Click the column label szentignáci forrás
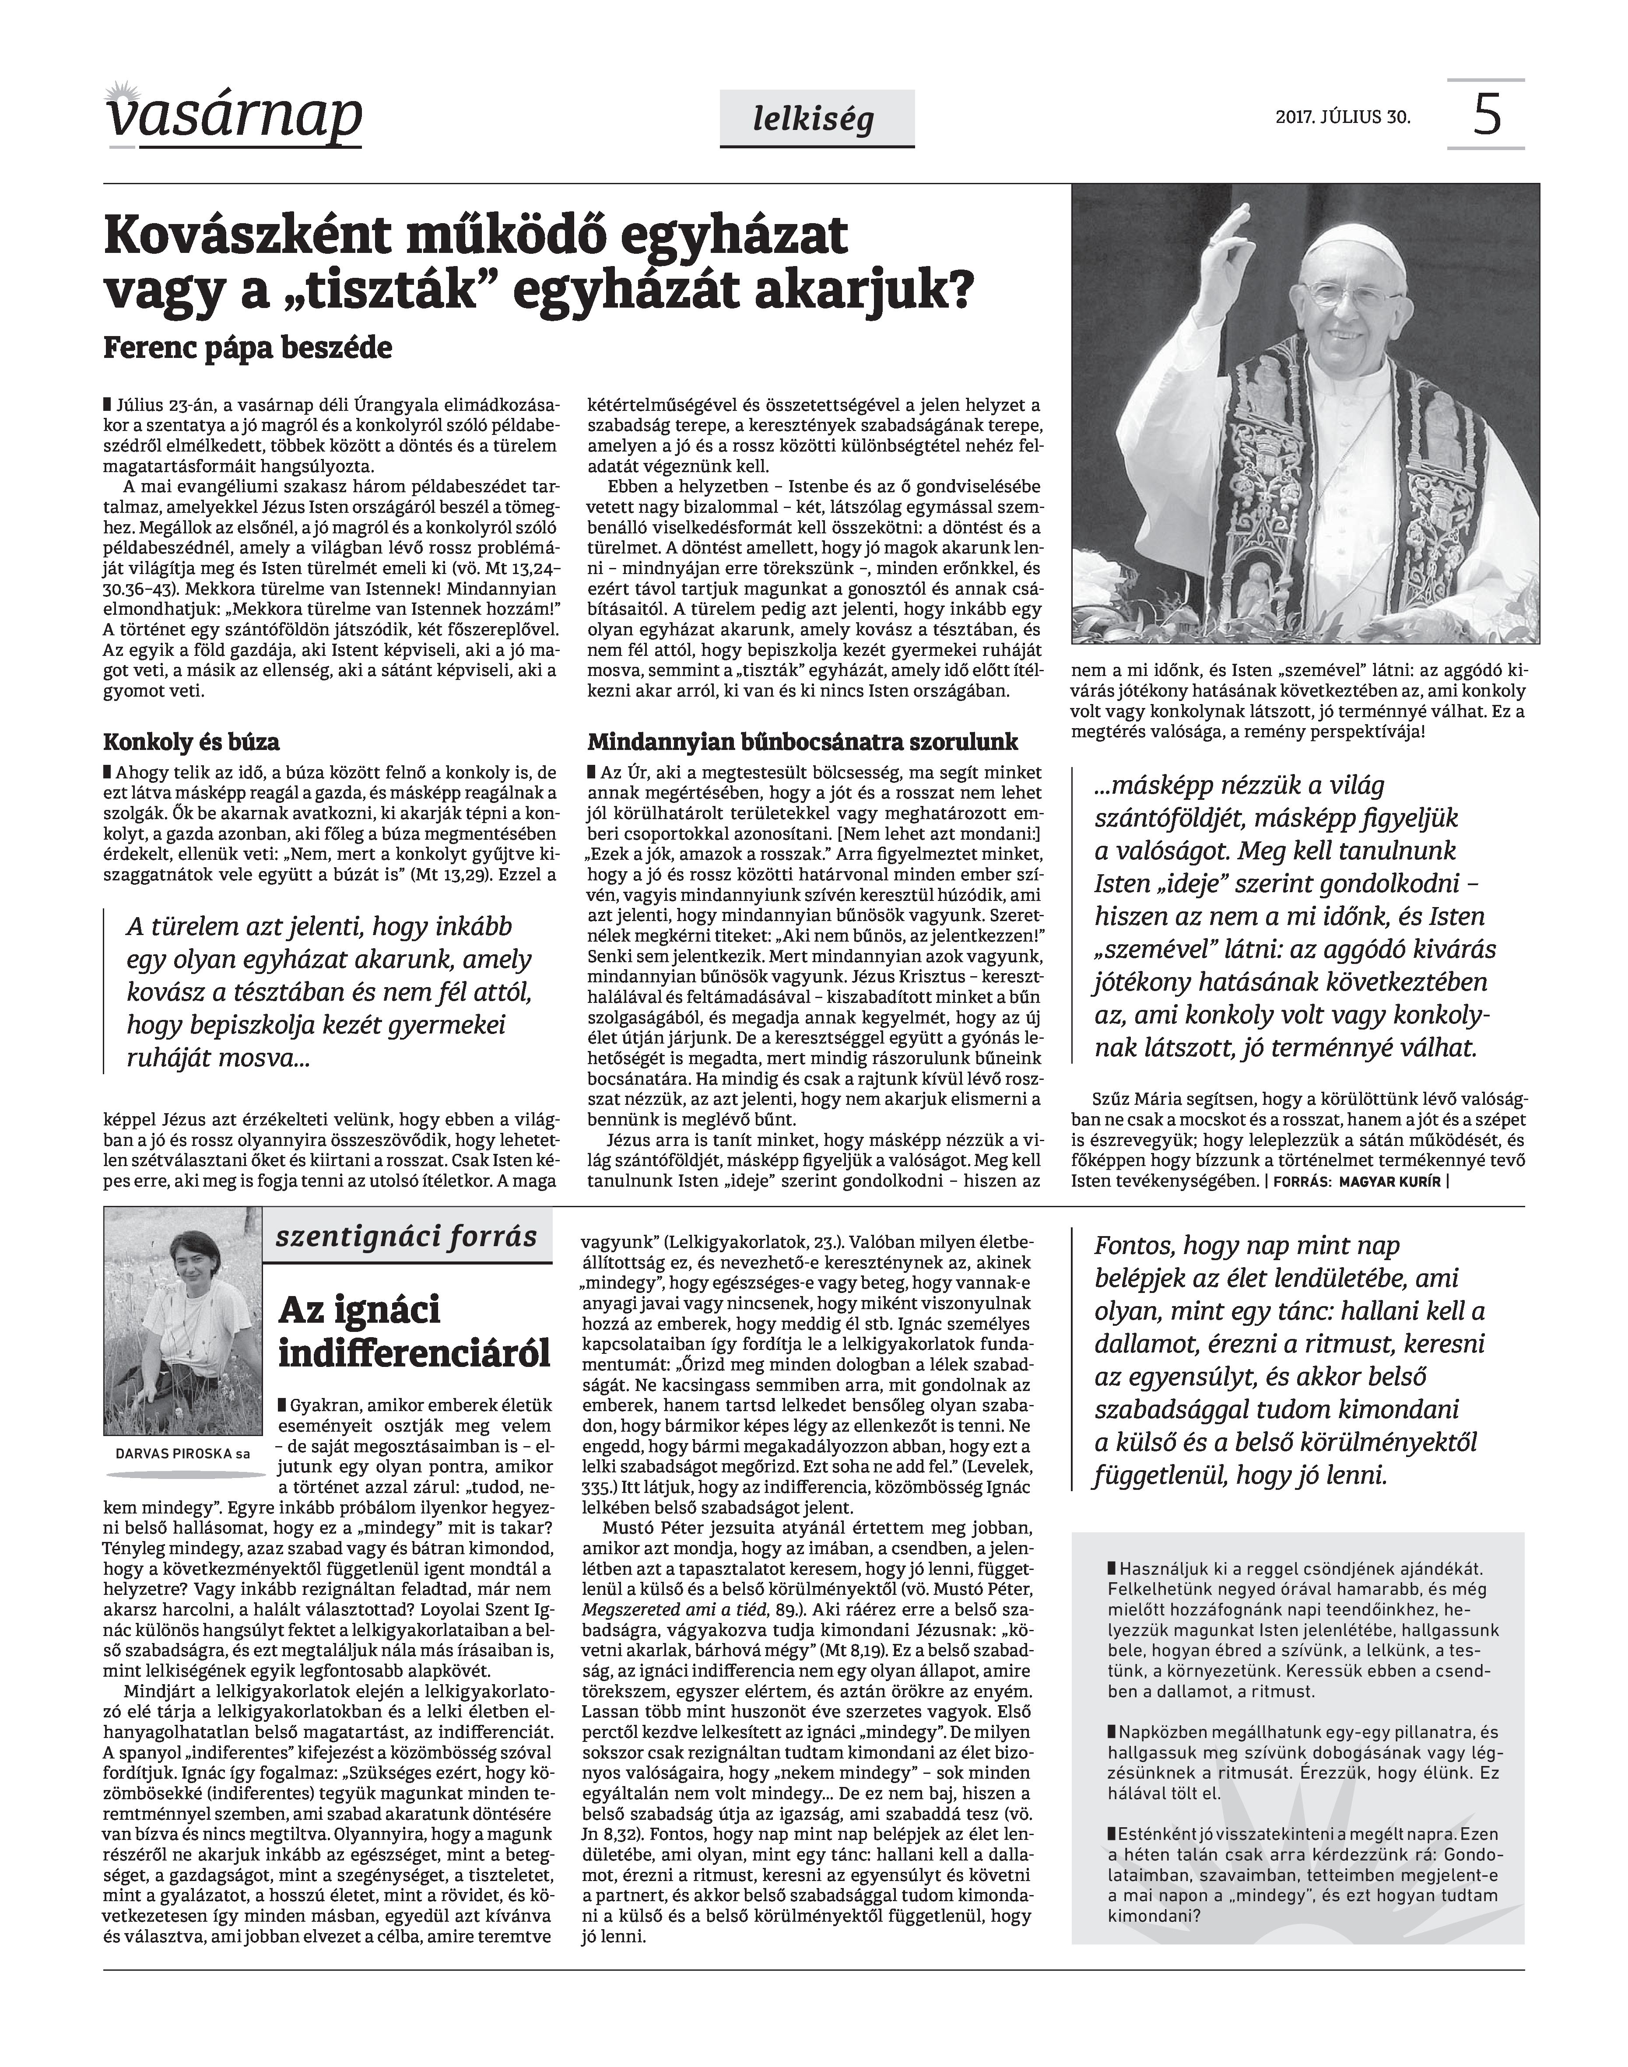tap(407, 1238)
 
